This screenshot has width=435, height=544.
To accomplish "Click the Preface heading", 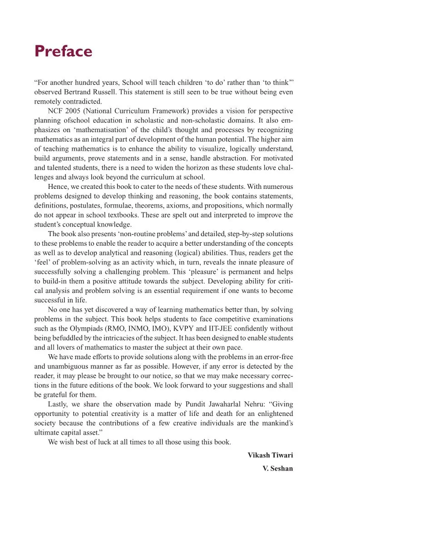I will tap(63, 51).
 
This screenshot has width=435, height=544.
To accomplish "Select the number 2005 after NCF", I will tap(73, 111).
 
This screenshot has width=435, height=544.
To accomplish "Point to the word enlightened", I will tap(275, 414).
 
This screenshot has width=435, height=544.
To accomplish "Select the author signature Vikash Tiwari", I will tap(270, 455).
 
